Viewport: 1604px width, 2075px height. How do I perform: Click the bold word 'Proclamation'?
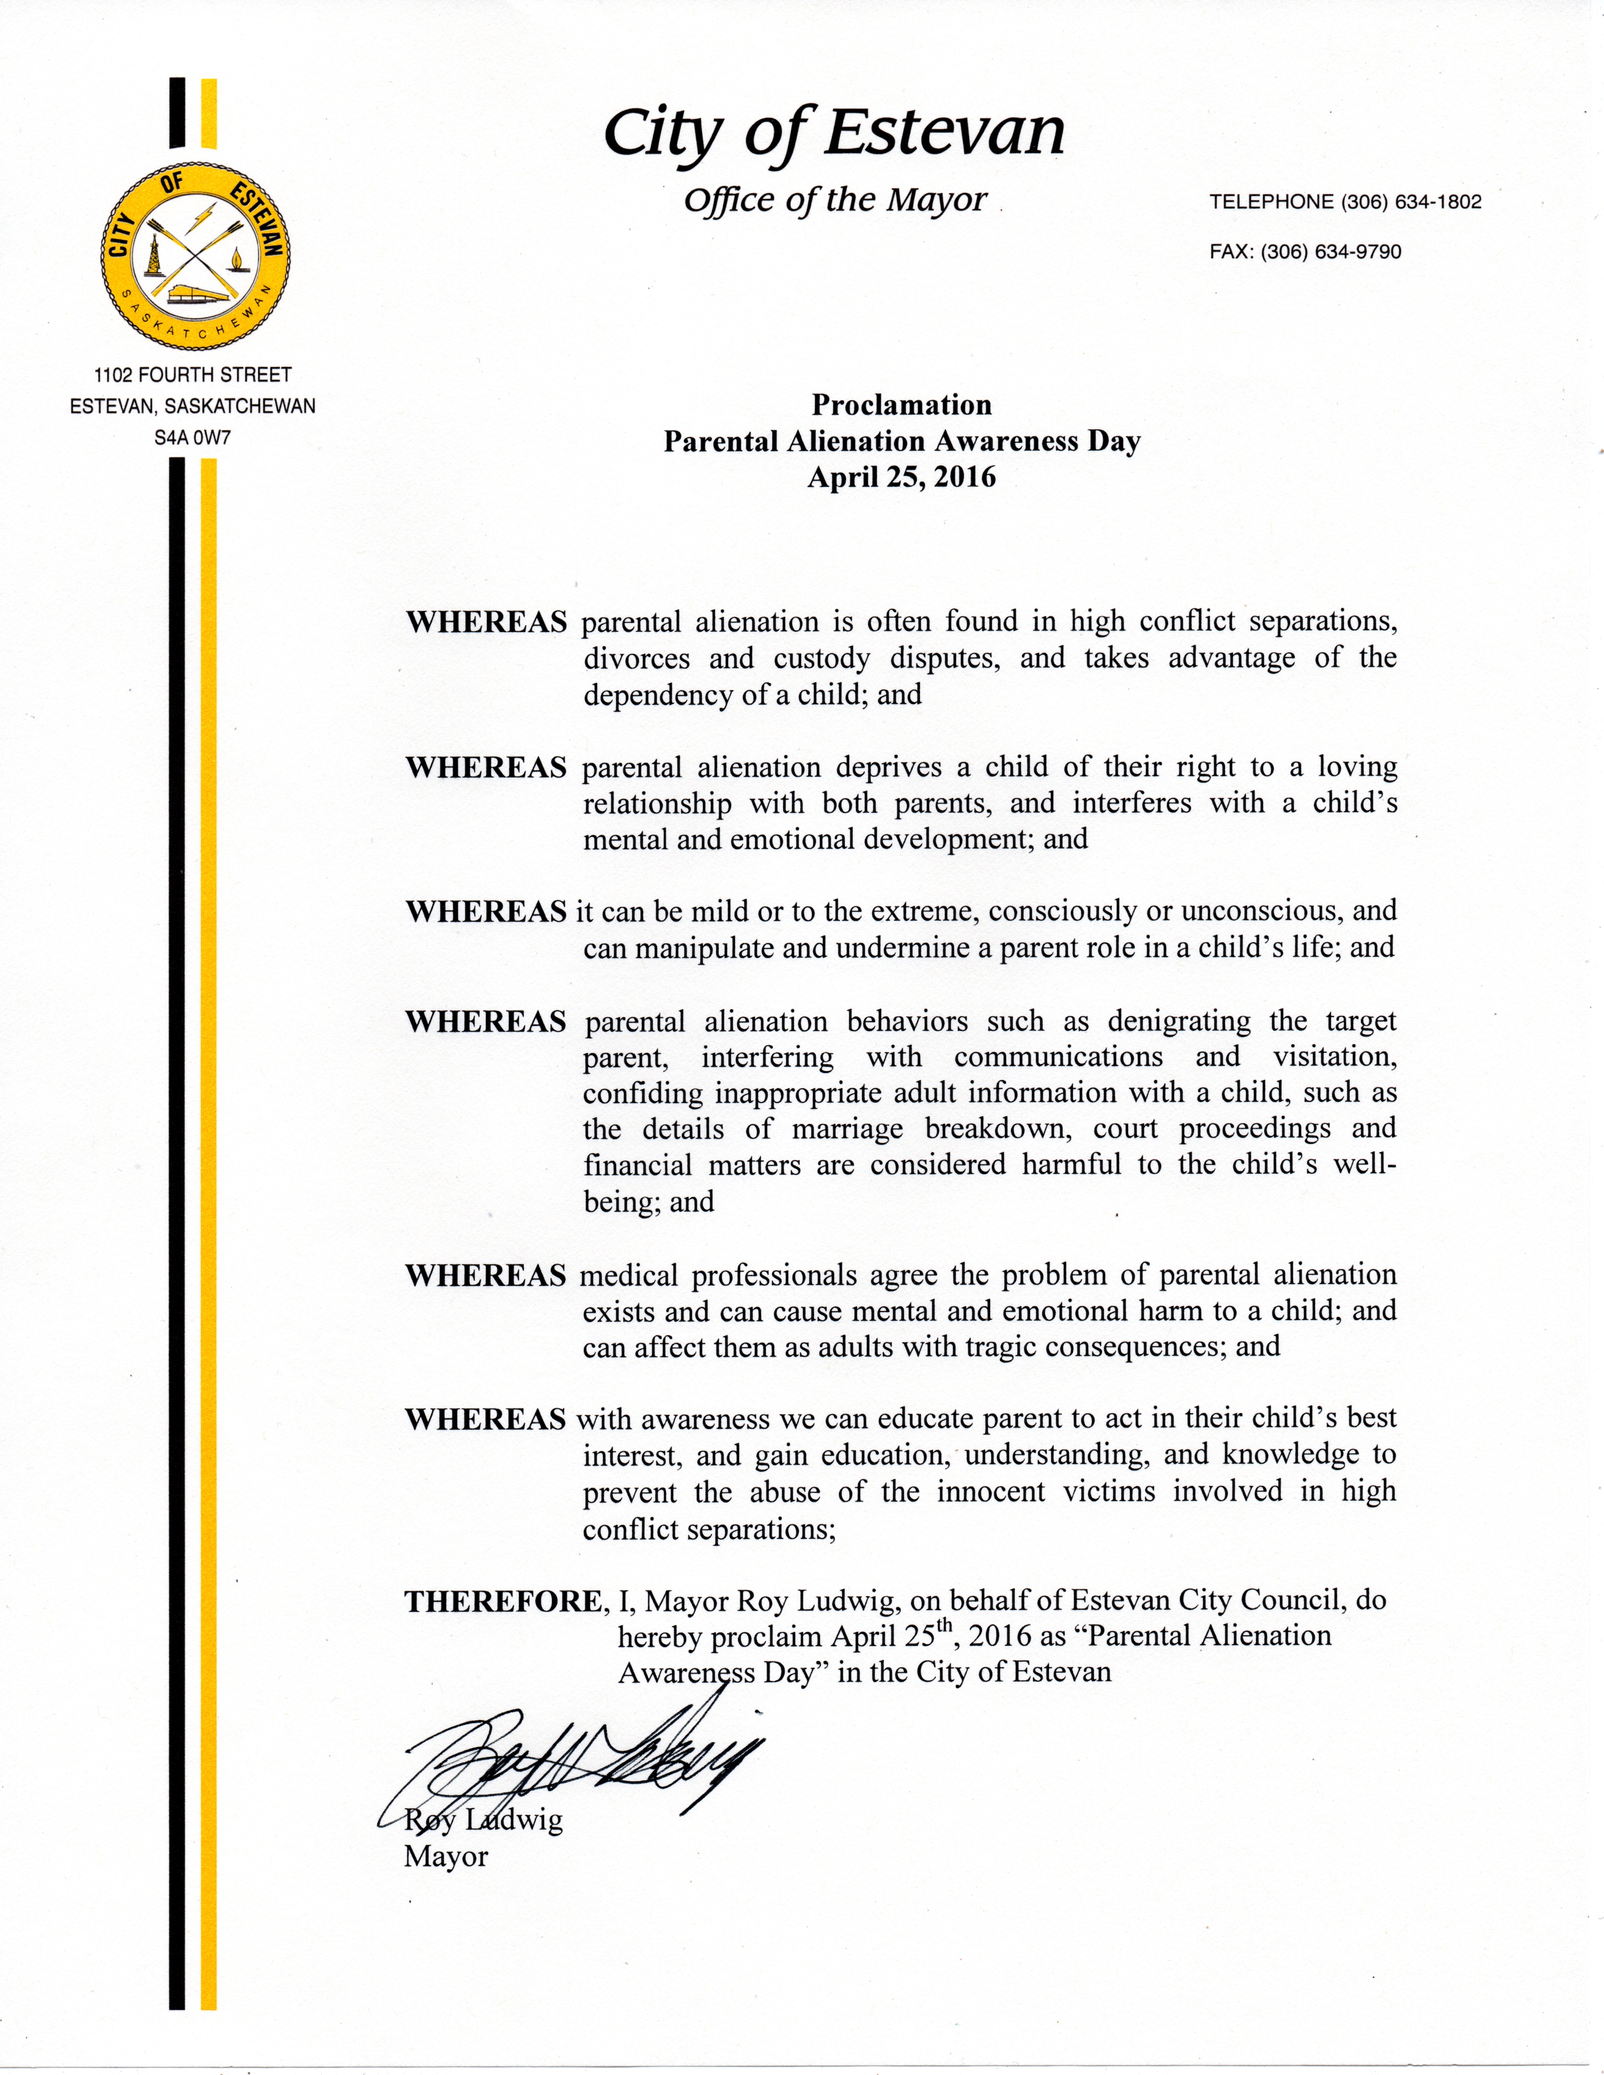[901, 406]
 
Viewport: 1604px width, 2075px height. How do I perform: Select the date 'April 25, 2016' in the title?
[901, 477]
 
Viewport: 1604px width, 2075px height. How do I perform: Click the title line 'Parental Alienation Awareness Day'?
[901, 442]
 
